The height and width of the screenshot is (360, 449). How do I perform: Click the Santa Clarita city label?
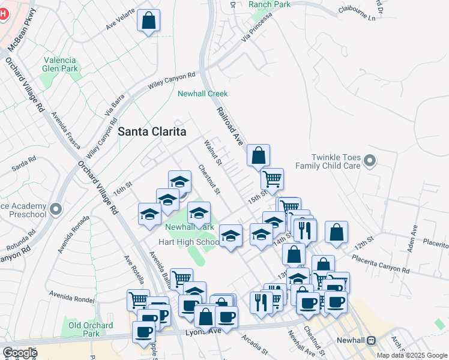coord(152,131)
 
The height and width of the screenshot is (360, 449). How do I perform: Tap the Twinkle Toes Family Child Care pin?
coord(370,160)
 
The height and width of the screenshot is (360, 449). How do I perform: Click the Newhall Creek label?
coord(203,94)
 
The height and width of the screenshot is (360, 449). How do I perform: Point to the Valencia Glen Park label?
coord(60,64)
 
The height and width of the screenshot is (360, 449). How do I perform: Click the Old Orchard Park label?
coord(90,329)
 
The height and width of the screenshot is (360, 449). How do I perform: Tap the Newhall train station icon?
coord(372,340)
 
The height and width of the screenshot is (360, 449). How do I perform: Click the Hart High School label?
coord(188,242)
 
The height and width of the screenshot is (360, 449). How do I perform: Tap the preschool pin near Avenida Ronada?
coord(56,209)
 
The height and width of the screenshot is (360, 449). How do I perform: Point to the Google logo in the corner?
coord(19,353)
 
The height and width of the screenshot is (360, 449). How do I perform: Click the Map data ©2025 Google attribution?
coord(412,355)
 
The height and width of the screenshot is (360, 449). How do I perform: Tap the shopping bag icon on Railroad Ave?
coord(258,155)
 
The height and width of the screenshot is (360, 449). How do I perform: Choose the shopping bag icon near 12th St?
coord(336,232)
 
